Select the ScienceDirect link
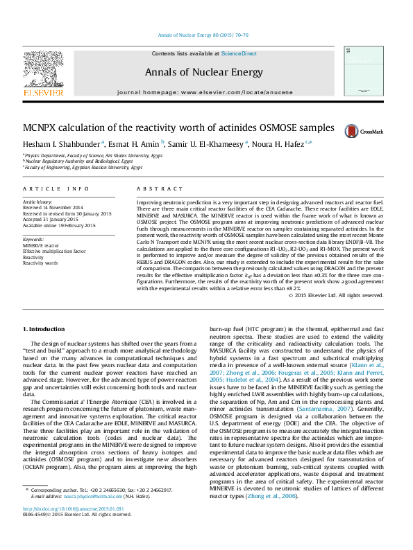[x=239, y=53]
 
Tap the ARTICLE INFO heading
[x=56, y=188]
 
